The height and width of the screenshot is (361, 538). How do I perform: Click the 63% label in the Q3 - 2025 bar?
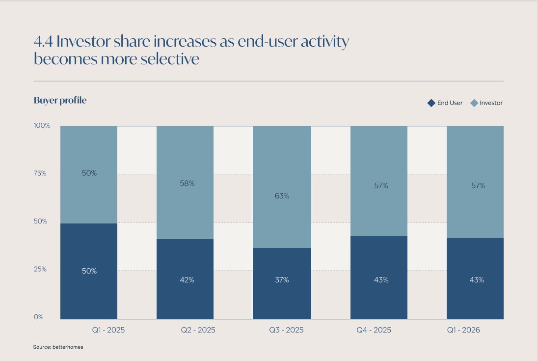tap(282, 196)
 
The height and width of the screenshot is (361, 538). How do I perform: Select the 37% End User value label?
tap(282, 280)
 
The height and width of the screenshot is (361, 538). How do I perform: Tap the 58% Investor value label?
tap(187, 184)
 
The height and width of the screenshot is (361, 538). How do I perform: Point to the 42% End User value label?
tap(187, 280)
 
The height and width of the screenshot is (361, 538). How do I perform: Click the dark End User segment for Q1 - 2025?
tap(89, 271)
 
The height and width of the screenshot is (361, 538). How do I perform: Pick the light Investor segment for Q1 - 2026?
tap(475, 182)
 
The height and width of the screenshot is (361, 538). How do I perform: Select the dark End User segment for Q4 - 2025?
tap(379, 278)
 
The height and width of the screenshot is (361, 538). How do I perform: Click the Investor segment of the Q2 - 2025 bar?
tap(185, 183)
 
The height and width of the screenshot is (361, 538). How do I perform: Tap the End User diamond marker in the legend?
tap(431, 103)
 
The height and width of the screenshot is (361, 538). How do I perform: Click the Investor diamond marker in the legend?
tap(474, 103)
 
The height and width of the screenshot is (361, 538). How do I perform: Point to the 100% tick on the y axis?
tap(42, 126)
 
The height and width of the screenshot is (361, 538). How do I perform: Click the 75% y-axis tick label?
tap(40, 173)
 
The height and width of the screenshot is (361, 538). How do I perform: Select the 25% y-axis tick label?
tap(40, 269)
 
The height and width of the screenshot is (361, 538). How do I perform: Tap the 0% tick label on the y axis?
tap(38, 317)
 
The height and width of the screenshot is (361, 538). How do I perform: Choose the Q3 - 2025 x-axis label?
tap(286, 330)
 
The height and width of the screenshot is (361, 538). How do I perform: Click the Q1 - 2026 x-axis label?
tap(463, 330)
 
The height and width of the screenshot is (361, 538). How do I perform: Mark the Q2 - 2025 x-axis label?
tap(198, 330)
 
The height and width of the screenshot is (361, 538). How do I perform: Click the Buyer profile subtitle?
tap(60, 100)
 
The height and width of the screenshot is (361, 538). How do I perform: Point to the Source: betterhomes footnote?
tap(58, 347)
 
